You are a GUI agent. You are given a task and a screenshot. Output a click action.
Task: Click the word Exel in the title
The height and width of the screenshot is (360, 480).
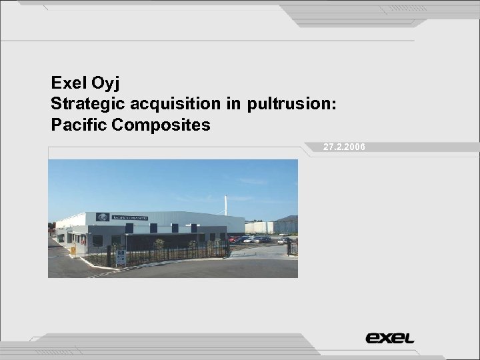66,83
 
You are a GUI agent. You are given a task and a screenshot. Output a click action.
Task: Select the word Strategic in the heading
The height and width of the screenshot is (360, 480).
85,104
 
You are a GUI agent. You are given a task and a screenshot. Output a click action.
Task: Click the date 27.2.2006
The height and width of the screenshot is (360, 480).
344,147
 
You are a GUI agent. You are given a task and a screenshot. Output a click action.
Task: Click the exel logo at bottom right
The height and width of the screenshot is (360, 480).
390,338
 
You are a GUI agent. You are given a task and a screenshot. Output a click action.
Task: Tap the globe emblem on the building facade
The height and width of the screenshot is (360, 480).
103,217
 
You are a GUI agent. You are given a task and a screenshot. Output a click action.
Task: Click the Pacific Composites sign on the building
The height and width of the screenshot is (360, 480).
129,217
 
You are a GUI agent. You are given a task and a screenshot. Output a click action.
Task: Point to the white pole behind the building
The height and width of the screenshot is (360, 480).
225,204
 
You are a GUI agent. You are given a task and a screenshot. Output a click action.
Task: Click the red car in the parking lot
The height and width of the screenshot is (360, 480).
233,239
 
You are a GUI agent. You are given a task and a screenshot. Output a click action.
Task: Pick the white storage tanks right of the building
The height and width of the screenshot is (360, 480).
259,227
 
